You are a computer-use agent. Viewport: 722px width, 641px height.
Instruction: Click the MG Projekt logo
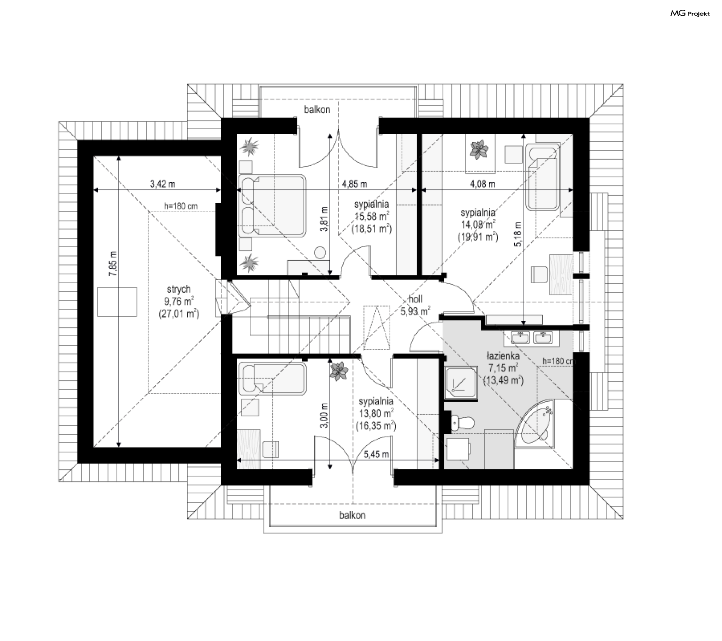690,14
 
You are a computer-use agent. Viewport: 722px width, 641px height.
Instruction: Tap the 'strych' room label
179,289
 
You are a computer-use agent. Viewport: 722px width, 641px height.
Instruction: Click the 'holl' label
415,299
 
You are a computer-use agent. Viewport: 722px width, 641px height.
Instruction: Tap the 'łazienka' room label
503,355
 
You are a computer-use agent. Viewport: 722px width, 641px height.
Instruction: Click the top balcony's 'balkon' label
317,110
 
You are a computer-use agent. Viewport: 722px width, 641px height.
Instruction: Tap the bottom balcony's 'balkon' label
352,516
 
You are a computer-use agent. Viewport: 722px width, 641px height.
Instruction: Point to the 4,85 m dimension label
354,184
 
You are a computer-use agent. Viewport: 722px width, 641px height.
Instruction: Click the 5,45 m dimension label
376,455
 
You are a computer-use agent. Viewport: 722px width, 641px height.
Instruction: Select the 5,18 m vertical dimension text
518,234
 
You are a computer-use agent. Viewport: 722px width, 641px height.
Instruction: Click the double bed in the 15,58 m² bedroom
272,206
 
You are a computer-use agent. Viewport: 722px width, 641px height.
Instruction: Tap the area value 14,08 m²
478,225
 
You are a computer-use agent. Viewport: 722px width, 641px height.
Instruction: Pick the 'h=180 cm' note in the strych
181,206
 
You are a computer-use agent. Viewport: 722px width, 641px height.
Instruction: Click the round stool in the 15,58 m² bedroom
320,252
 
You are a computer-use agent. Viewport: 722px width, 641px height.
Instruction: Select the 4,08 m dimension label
482,184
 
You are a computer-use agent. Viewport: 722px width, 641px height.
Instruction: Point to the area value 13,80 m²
376,414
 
